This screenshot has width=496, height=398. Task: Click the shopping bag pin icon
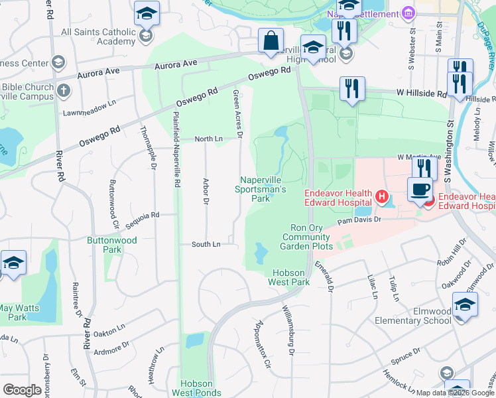[x=271, y=41]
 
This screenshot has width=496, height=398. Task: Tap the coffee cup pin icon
[x=420, y=190]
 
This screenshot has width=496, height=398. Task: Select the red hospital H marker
[x=381, y=197]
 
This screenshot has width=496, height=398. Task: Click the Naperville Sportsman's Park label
[x=264, y=189]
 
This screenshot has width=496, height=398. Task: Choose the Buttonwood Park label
[x=112, y=245]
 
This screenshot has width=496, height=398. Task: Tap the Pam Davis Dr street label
[x=360, y=219]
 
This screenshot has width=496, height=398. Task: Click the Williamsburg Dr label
[x=288, y=329]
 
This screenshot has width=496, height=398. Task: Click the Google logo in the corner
[x=22, y=390]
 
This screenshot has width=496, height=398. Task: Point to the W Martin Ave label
[x=418, y=157]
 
